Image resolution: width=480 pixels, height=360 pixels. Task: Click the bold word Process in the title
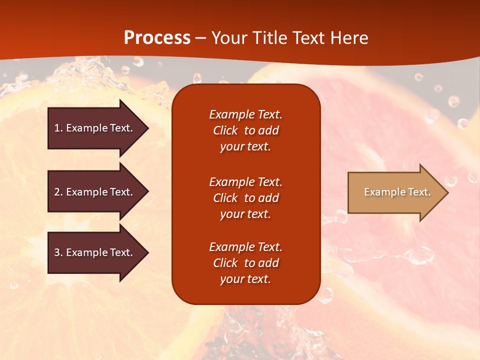(157, 38)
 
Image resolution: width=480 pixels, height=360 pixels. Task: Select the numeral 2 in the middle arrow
(56, 192)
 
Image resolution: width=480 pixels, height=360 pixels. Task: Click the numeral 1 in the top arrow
(56, 128)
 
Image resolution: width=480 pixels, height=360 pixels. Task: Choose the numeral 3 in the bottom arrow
(56, 252)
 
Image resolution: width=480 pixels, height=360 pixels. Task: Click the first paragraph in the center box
(245, 130)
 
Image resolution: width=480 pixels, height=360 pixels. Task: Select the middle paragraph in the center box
(245, 198)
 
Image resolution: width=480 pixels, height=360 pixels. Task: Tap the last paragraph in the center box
(245, 263)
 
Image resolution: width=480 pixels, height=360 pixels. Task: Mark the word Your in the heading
(229, 38)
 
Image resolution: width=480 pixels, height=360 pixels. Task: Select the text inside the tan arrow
(397, 192)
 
